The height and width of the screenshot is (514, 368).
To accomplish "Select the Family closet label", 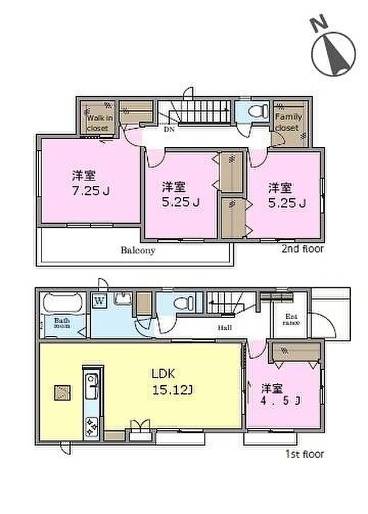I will [288, 121].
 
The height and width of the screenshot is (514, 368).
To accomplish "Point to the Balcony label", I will [138, 250].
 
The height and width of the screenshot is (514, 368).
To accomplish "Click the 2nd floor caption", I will [303, 249].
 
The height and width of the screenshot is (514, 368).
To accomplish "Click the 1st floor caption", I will [303, 455].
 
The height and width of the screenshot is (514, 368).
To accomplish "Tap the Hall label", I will [224, 327].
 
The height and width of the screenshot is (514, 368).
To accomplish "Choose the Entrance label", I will [291, 319].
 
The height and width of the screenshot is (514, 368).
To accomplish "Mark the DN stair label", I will [169, 128].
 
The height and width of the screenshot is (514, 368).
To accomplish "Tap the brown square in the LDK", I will [62, 392].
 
